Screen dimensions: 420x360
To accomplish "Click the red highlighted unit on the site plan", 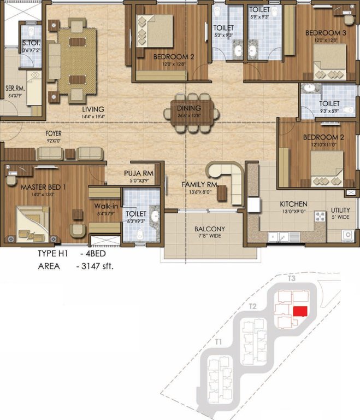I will click(x=299, y=311).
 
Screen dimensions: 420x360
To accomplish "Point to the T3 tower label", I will click(x=292, y=278).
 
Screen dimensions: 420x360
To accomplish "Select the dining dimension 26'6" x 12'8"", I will click(x=189, y=115).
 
